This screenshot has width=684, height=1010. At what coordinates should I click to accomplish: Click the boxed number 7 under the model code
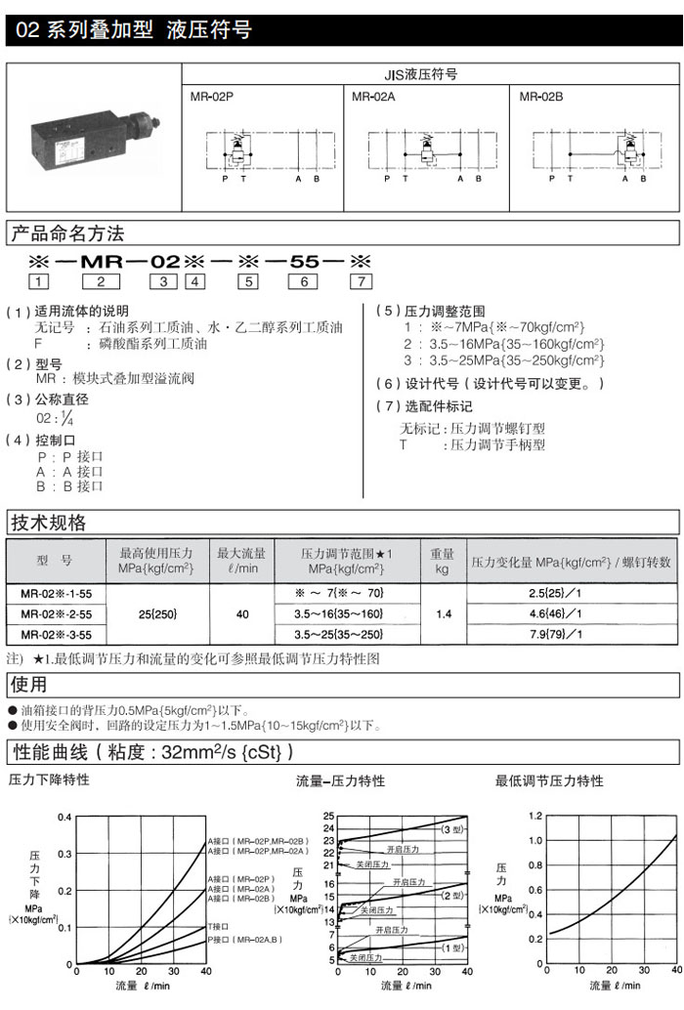(362, 282)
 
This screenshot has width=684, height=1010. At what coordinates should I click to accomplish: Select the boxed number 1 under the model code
(39, 282)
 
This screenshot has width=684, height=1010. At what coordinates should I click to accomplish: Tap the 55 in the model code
(306, 261)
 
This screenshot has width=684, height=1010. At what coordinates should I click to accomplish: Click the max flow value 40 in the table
(242, 614)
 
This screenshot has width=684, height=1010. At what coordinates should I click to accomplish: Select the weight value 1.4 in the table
(443, 614)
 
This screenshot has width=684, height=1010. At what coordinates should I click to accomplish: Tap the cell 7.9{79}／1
(573, 635)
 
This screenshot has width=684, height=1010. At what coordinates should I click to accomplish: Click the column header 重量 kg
(443, 561)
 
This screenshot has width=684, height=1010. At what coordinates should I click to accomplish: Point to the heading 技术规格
(48, 522)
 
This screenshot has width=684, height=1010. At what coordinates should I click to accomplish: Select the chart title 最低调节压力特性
(549, 780)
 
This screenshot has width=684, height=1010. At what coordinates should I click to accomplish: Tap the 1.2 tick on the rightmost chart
(534, 816)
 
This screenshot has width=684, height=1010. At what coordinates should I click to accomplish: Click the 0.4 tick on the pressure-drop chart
(64, 817)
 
